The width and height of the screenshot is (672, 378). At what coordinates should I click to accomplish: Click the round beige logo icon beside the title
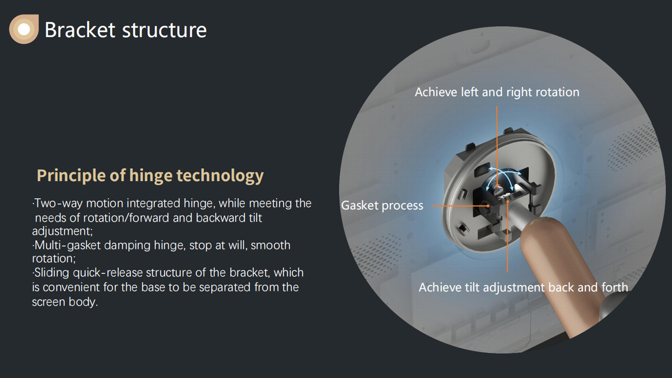pyautogui.click(x=24, y=29)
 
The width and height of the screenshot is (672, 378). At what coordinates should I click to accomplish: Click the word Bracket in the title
pyautogui.click(x=80, y=30)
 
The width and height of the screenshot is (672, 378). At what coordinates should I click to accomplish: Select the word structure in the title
pyautogui.click(x=165, y=30)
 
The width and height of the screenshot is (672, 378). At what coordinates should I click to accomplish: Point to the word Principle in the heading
pyautogui.click(x=72, y=176)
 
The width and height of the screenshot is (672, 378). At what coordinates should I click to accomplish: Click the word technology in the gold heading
pyautogui.click(x=220, y=176)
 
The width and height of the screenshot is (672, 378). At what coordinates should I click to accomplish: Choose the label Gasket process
pyautogui.click(x=382, y=206)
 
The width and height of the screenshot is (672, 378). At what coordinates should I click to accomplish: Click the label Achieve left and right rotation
pyautogui.click(x=497, y=92)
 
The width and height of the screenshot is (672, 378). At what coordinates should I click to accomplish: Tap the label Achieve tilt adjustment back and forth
pyautogui.click(x=524, y=288)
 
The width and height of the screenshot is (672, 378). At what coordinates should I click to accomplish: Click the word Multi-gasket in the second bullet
pyautogui.click(x=68, y=246)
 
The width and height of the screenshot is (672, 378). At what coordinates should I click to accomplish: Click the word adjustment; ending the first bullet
pyautogui.click(x=62, y=232)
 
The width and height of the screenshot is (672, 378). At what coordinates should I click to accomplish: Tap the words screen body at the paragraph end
pyautogui.click(x=65, y=302)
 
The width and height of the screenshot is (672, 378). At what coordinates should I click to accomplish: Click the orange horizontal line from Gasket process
pyautogui.click(x=460, y=206)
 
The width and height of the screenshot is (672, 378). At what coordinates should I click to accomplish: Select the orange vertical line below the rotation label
pyautogui.click(x=497, y=146)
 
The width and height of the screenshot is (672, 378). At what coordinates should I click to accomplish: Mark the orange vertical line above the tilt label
pyautogui.click(x=507, y=236)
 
